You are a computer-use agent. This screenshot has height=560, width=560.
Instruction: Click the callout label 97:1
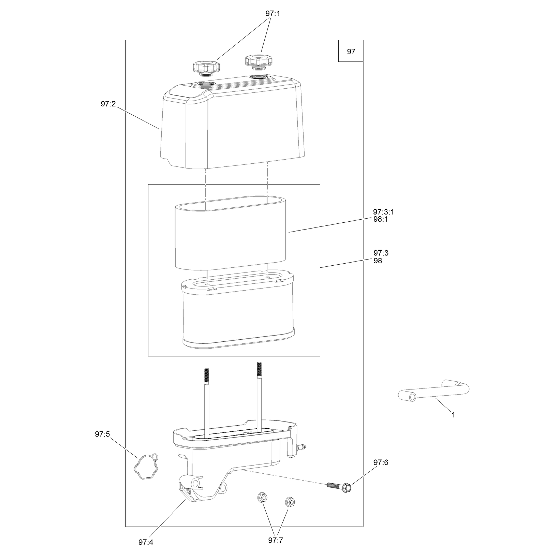pyautogui.click(x=273, y=14)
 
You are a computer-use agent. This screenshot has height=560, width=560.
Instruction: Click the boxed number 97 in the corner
pyautogui.click(x=351, y=51)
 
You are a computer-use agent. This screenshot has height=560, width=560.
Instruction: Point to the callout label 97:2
pyautogui.click(x=108, y=104)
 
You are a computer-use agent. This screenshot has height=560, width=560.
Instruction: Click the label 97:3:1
pyautogui.click(x=384, y=212)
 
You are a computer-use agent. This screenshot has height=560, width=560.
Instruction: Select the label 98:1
pyautogui.click(x=381, y=219)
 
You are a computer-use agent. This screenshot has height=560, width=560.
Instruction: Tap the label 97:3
pyautogui.click(x=381, y=253)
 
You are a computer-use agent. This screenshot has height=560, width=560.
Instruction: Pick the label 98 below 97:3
pyautogui.click(x=378, y=261)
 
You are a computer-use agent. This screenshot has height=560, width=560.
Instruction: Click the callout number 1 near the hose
pyautogui.click(x=453, y=415)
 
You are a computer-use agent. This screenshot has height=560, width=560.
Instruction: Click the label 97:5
pyautogui.click(x=103, y=434)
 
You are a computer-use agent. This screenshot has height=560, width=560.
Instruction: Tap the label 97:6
pyautogui.click(x=381, y=462)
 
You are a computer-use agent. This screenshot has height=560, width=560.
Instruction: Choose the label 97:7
pyautogui.click(x=276, y=540)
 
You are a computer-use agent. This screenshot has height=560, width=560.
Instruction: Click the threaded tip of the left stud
pyautogui.click(x=206, y=375)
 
